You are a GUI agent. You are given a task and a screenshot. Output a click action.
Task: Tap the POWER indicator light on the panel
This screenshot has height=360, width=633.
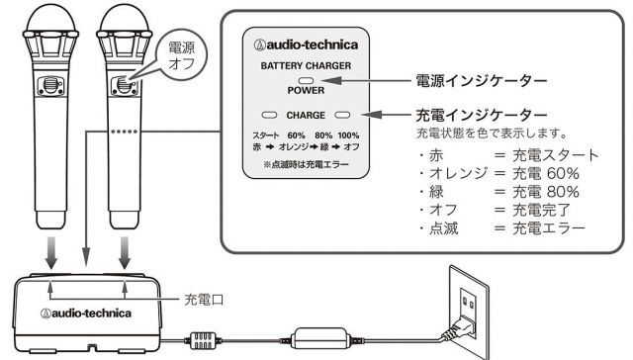(x=306, y=80)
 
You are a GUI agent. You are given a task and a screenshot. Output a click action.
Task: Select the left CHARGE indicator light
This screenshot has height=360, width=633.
(x=269, y=115)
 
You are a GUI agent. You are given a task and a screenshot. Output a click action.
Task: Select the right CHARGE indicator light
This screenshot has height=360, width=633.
(x=342, y=115)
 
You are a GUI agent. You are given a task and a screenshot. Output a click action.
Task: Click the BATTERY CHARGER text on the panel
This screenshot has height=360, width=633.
(x=306, y=65)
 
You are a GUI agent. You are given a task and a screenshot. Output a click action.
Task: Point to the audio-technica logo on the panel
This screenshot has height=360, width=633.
(x=306, y=45)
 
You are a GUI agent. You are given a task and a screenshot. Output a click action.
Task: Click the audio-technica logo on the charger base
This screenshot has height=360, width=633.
(x=86, y=314)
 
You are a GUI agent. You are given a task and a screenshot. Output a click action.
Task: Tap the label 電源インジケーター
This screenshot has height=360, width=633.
(x=482, y=81)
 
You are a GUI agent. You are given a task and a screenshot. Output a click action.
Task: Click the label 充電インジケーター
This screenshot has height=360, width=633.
(x=482, y=115)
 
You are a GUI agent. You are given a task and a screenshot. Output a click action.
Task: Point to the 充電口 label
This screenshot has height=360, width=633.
(x=204, y=300)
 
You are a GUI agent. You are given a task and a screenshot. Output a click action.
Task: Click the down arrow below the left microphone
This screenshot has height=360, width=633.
(x=50, y=253)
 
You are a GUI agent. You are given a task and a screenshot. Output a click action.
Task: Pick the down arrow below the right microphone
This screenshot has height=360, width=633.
(x=125, y=253)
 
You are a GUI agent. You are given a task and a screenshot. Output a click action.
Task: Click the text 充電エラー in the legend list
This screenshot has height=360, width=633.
(x=549, y=228)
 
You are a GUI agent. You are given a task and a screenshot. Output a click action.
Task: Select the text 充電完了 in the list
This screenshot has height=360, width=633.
(x=541, y=210)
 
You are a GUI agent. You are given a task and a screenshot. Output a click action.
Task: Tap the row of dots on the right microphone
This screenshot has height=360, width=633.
(x=125, y=132)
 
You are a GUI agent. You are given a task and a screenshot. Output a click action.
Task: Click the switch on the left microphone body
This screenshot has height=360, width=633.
(x=50, y=85)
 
